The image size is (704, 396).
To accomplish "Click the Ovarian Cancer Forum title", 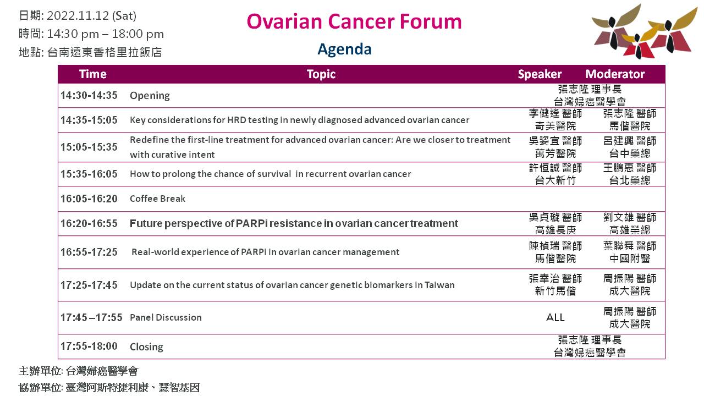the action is (354, 21).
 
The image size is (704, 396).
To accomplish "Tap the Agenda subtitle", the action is (344, 50).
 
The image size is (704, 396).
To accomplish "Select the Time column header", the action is (93, 74).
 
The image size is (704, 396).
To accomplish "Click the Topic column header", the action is (321, 74).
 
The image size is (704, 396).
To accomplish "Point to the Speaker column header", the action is (540, 74).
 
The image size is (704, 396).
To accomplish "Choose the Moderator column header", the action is (615, 74).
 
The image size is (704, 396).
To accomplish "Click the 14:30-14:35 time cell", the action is (89, 95).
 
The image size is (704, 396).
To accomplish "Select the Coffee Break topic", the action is (157, 199).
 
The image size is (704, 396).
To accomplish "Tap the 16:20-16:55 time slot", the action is (89, 223).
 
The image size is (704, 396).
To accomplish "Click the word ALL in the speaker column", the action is (555, 317).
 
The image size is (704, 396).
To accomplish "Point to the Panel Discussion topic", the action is (166, 317).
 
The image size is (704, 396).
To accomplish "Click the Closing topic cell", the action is (146, 346).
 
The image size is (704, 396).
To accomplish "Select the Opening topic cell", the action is (150, 96).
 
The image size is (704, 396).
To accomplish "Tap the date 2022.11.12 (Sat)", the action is (91, 16).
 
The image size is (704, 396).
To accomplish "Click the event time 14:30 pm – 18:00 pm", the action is (105, 34).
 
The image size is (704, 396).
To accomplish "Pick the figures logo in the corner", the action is (644, 31).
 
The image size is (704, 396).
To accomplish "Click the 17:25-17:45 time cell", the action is (89, 285).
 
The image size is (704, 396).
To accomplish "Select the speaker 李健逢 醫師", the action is (555, 113).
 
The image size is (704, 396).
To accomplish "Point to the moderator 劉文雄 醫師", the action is (630, 217).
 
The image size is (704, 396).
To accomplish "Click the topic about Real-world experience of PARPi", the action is (265, 252).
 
